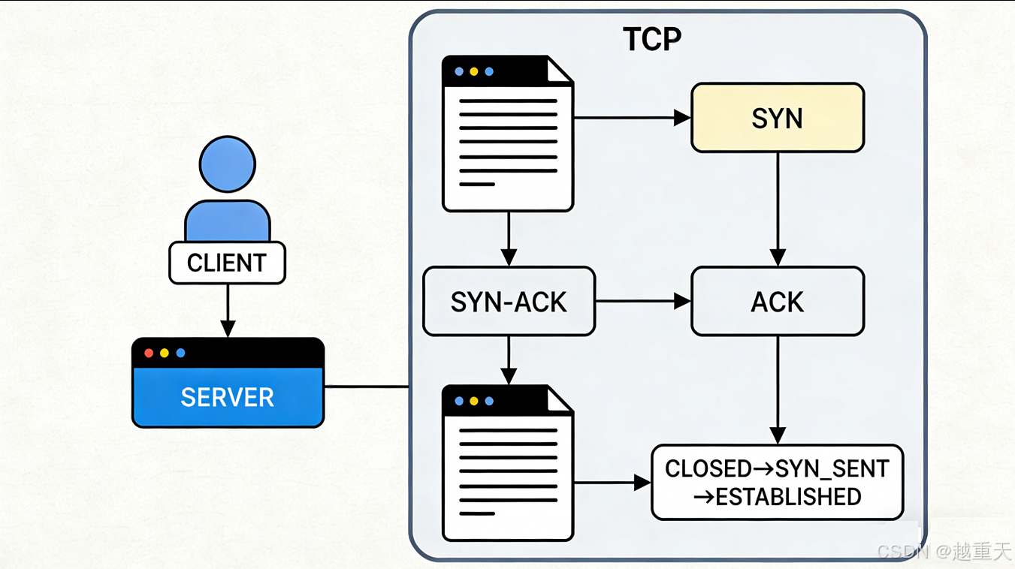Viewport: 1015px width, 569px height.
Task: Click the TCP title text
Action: (x=652, y=40)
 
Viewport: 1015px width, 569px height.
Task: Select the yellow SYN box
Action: (x=777, y=118)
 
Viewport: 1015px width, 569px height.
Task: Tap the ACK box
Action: (x=777, y=302)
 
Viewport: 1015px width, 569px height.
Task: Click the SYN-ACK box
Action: (x=509, y=302)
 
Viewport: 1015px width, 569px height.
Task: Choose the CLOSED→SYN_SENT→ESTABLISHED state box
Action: (x=777, y=483)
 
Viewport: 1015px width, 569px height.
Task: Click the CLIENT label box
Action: (x=227, y=263)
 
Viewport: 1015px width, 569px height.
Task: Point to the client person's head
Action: (x=228, y=164)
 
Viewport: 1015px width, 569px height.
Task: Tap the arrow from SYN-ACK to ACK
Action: (x=642, y=302)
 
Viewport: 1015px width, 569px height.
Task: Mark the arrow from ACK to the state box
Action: (x=777, y=390)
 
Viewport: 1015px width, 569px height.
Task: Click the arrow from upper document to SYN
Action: (x=632, y=118)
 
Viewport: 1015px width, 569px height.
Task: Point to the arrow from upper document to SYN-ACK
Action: (x=509, y=239)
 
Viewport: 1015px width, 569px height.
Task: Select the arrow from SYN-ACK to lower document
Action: (x=509, y=360)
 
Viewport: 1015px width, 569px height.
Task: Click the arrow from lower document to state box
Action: (x=612, y=483)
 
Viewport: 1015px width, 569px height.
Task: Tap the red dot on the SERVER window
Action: (x=148, y=353)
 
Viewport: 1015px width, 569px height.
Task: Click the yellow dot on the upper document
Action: (x=473, y=72)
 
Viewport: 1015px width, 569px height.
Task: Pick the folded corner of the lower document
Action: (x=560, y=400)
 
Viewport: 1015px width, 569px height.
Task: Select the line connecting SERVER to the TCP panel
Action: (x=367, y=387)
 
